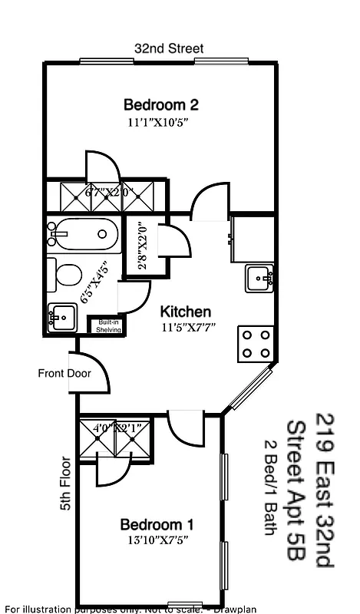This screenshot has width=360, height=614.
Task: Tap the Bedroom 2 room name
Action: pyautogui.click(x=157, y=105)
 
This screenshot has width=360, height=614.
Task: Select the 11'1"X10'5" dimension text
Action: pyautogui.click(x=158, y=122)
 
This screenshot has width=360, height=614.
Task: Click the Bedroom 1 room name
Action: pyautogui.click(x=157, y=525)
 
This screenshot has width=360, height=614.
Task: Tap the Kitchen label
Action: pyautogui.click(x=185, y=312)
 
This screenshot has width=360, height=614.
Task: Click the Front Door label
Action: pyautogui.click(x=64, y=374)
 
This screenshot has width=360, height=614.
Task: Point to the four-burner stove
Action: pyautogui.click(x=256, y=343)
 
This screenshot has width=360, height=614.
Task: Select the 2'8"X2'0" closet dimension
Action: pyautogui.click(x=141, y=246)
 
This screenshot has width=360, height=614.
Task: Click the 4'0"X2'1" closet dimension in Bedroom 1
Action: pyautogui.click(x=115, y=427)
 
